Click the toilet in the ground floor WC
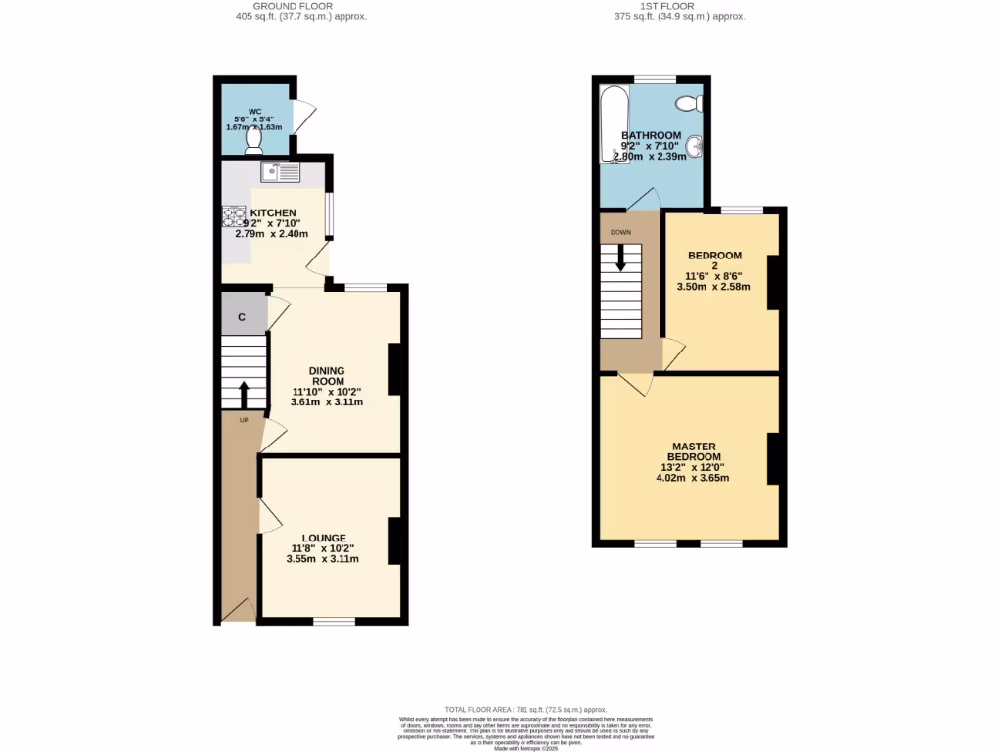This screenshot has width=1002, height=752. coord(254,143)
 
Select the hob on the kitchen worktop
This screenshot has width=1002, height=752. coord(234,216)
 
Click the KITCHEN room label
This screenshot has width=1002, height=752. coord(273,212)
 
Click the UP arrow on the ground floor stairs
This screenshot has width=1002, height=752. coord(243,394)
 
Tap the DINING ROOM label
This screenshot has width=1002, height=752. coord(327,376)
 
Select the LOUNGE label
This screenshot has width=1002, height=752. coord(323,538)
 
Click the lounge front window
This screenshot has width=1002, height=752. coord(334,621)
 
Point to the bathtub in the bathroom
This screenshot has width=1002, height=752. coord(614,125)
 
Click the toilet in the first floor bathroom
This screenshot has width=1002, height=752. coord(689,103)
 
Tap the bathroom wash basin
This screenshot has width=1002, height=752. coord(695,147)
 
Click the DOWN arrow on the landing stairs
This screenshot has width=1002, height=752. coord(620,258)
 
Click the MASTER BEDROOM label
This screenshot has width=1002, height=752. coord(694,451)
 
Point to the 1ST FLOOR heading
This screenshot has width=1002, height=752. coord(661,6)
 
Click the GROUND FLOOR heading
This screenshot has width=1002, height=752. coord(293,6)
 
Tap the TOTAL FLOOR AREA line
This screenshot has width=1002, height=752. coord(526,709)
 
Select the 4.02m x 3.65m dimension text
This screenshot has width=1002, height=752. coord(694,478)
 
